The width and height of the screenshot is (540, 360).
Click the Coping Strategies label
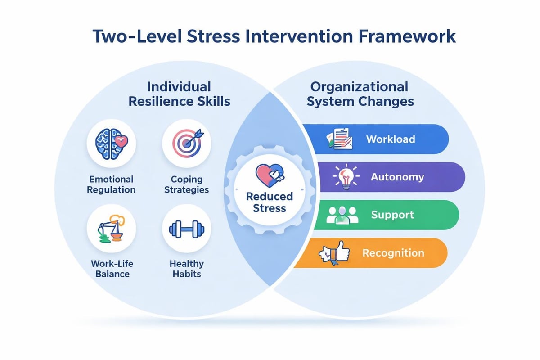(186, 184)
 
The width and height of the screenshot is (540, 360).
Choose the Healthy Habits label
(186, 269)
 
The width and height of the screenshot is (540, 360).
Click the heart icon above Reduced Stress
(269, 176)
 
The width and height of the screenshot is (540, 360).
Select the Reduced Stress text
(270, 202)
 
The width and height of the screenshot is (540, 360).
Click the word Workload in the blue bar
(390, 139)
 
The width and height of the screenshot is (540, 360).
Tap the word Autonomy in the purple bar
(397, 177)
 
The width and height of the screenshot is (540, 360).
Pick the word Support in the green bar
(392, 215)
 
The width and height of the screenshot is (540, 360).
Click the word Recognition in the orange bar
(393, 253)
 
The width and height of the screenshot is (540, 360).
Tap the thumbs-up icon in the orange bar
(335, 253)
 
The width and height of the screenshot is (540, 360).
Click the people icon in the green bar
(342, 215)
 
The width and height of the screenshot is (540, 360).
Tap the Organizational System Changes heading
(360, 94)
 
